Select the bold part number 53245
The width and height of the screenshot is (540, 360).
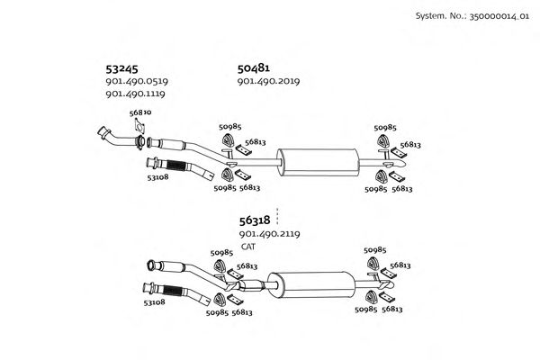pos(122,67)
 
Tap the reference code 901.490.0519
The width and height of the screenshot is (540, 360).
pos(137,81)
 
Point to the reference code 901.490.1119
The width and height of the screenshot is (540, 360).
pos(137,94)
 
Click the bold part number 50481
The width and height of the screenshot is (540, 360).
pos(255,67)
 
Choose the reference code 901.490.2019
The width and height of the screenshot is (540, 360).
pos(268,81)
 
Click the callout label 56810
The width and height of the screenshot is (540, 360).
pos(140,112)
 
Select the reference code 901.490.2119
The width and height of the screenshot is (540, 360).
pos(269,234)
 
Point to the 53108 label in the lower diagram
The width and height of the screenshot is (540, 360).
pos(155,303)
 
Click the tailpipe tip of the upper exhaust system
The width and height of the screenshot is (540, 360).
pos(407,165)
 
